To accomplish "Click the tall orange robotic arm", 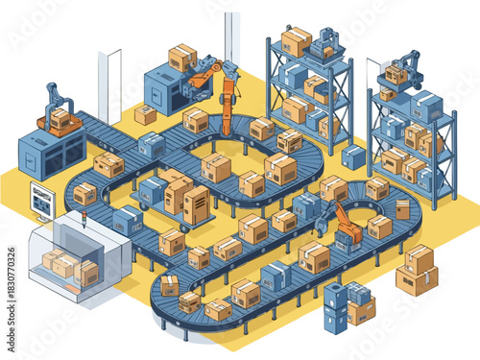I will click(228, 96).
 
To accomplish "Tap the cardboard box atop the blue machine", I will click(181, 57).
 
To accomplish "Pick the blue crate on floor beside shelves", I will click(354, 156).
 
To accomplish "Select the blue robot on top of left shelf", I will click(329, 41).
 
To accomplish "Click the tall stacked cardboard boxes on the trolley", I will click(186, 198).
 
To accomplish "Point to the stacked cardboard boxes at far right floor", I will click(417, 270).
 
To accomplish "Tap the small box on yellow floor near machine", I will click(146, 114).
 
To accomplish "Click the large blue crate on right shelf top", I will click(425, 105).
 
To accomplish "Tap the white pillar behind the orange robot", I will click(231, 38).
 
